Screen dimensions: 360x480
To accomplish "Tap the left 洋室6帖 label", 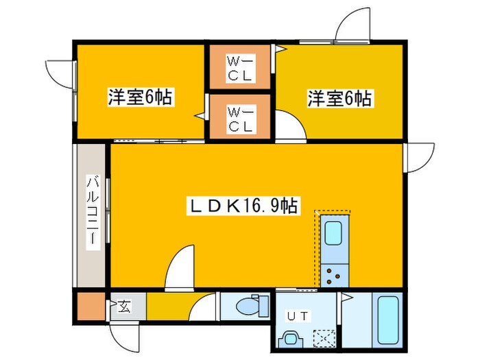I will click(139, 98).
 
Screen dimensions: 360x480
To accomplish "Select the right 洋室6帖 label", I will click(339, 99).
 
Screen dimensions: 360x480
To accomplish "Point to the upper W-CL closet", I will click(241, 67).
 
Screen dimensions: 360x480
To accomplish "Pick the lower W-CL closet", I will click(241, 117).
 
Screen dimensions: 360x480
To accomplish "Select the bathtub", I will click(389, 323).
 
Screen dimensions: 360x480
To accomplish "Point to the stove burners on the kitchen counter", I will click(334, 275).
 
